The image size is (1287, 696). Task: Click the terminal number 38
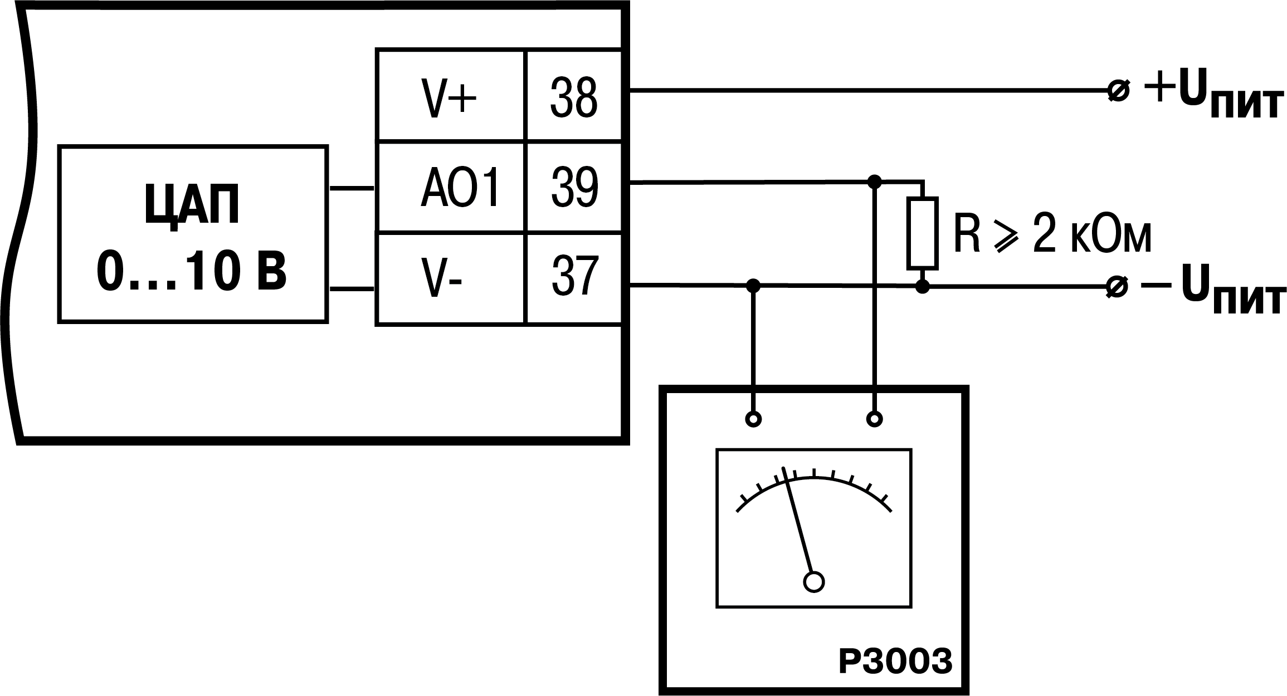[x=573, y=98]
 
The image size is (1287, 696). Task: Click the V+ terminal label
[x=449, y=98]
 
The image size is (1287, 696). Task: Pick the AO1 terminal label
[x=460, y=188]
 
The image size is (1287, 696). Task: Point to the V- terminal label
[x=440, y=277]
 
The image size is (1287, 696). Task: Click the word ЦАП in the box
[x=192, y=204]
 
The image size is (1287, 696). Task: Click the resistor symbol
[x=923, y=232]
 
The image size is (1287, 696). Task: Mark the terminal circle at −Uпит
[x=1117, y=287]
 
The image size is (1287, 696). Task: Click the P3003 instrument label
[x=895, y=661]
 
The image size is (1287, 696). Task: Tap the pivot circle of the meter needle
[x=814, y=582]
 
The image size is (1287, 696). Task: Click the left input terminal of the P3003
[x=753, y=419]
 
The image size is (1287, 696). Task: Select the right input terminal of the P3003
[x=875, y=419]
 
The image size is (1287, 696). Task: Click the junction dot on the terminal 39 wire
[x=875, y=181]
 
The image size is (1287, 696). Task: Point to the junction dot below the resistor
[x=923, y=287]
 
